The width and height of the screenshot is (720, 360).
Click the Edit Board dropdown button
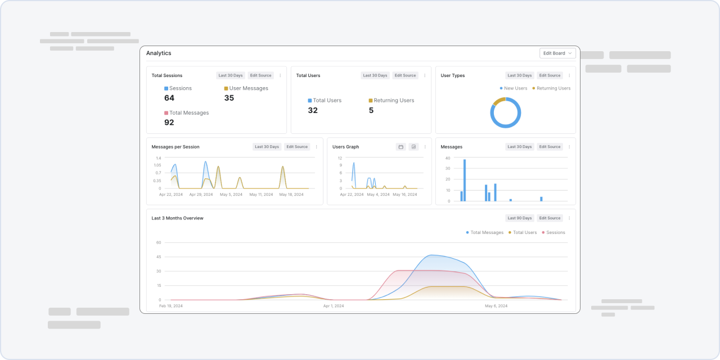coord(557,53)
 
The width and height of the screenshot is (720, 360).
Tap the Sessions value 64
coord(169,98)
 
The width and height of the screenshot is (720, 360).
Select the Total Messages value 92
coord(169,123)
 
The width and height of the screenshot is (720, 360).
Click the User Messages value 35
coord(229,98)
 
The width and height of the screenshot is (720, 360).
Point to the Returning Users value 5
coord(371,111)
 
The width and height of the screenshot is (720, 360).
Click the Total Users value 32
coord(313,111)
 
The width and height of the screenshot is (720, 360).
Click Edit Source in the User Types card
coord(550,75)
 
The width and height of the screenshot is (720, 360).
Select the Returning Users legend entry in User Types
coord(551,88)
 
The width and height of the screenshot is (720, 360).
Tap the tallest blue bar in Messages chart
coord(465,181)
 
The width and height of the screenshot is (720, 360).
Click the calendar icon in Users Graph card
coord(401,147)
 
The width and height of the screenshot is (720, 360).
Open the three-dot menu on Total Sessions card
coord(280,75)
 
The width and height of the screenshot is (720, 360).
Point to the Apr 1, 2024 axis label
coord(334,306)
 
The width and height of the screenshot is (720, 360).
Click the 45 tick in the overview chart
coord(159,257)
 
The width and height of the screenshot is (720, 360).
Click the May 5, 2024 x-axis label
coord(231,195)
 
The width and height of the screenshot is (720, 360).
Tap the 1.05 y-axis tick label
coord(157,165)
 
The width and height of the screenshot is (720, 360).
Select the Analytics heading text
coord(159,53)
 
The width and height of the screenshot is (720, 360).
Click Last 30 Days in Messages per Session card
coord(267,147)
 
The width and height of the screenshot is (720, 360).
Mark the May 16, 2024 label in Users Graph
coord(404,195)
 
